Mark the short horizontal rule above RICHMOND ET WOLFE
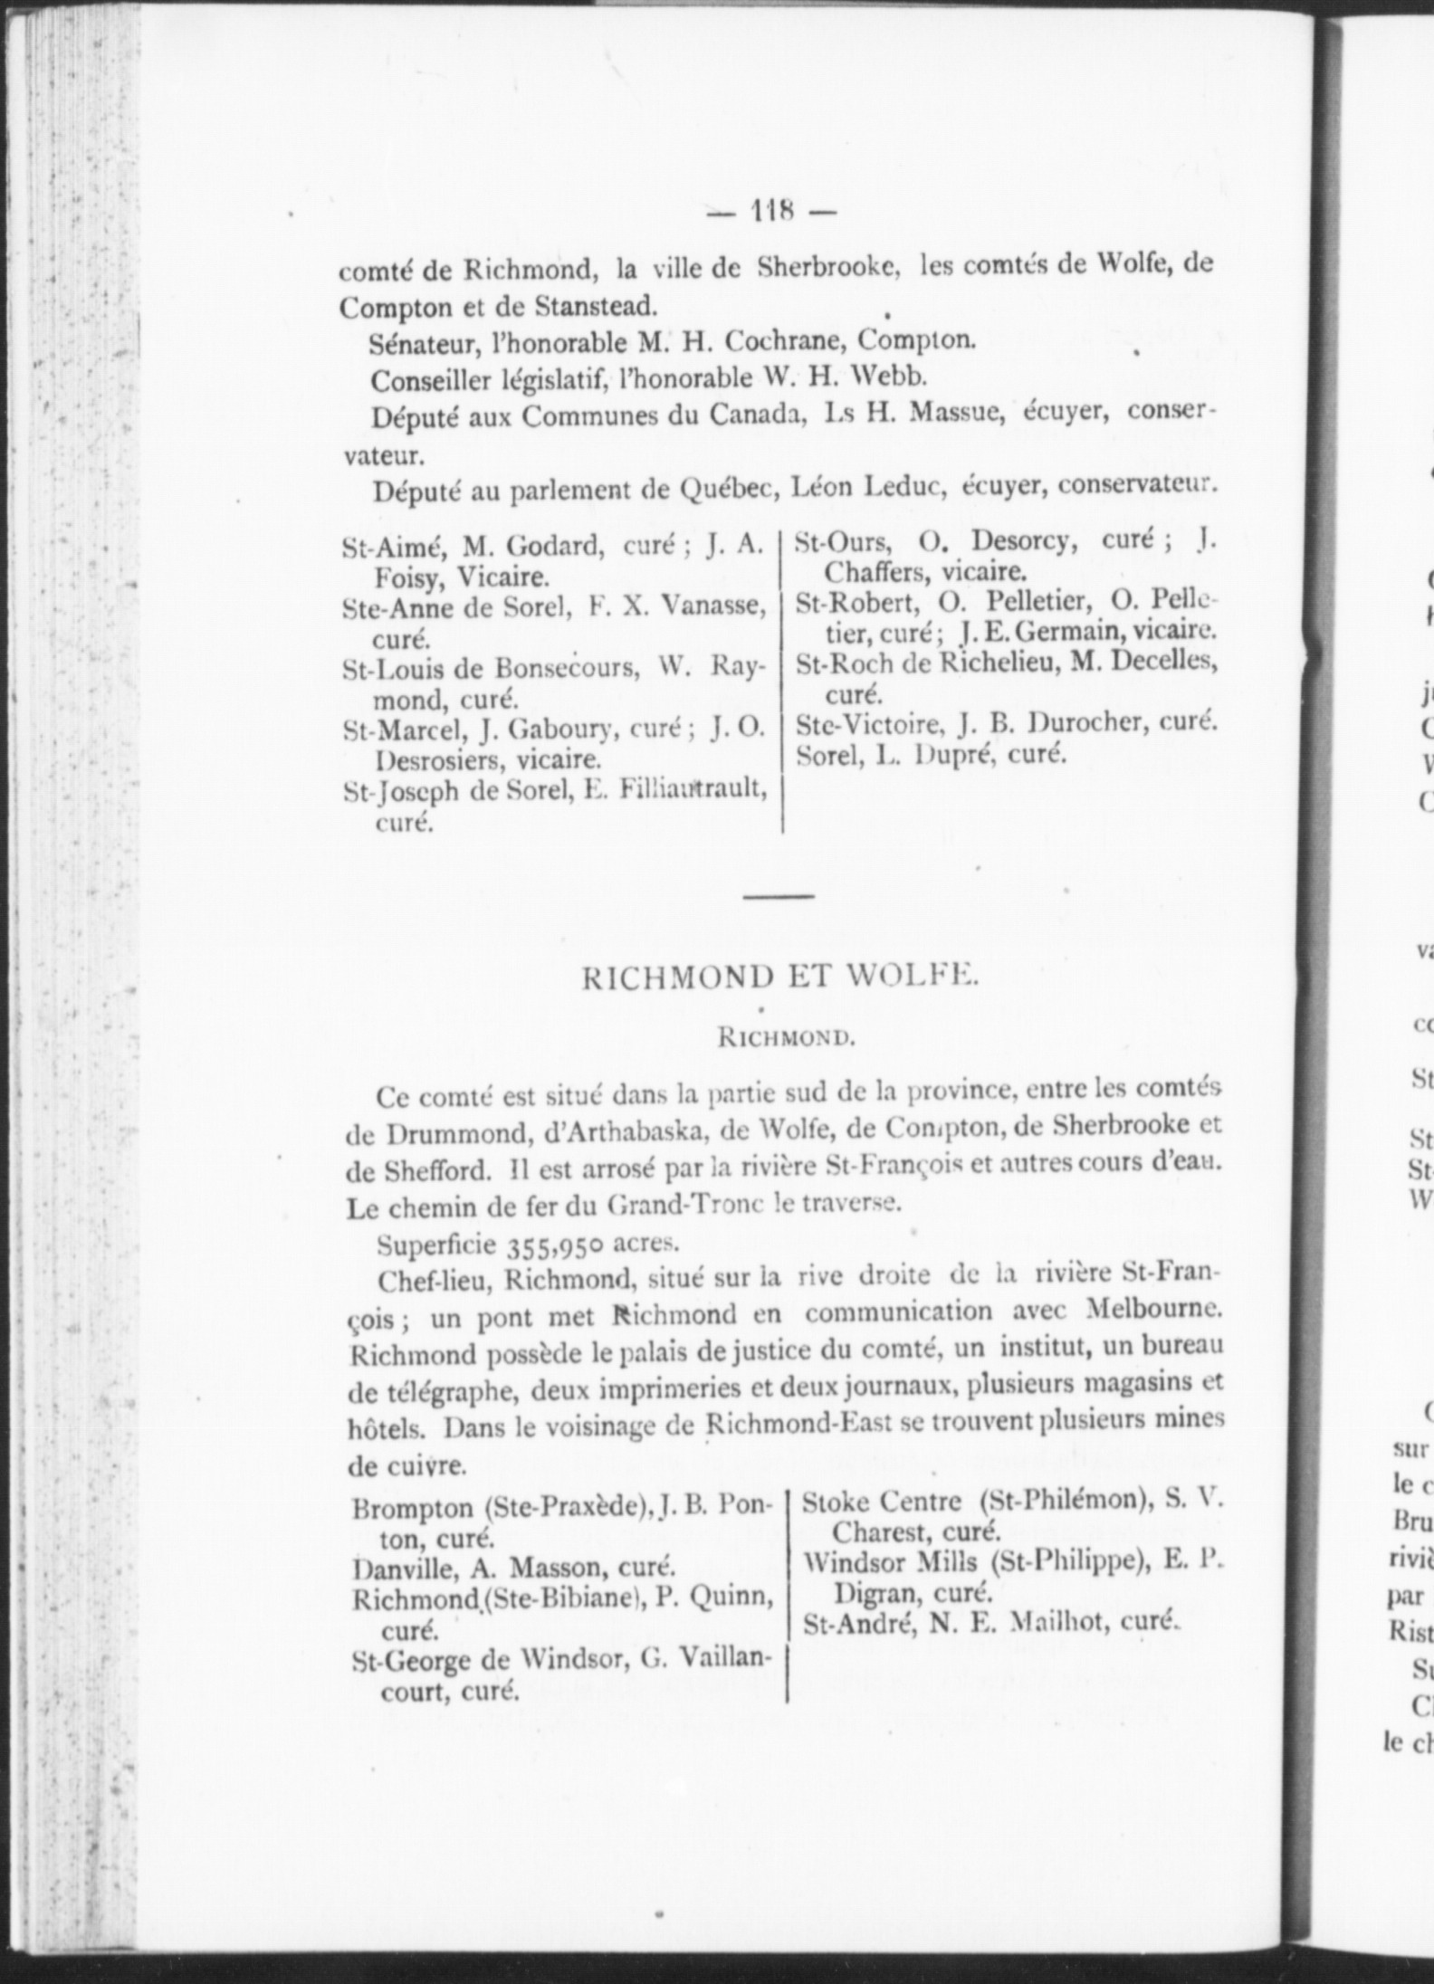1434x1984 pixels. point(779,897)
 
